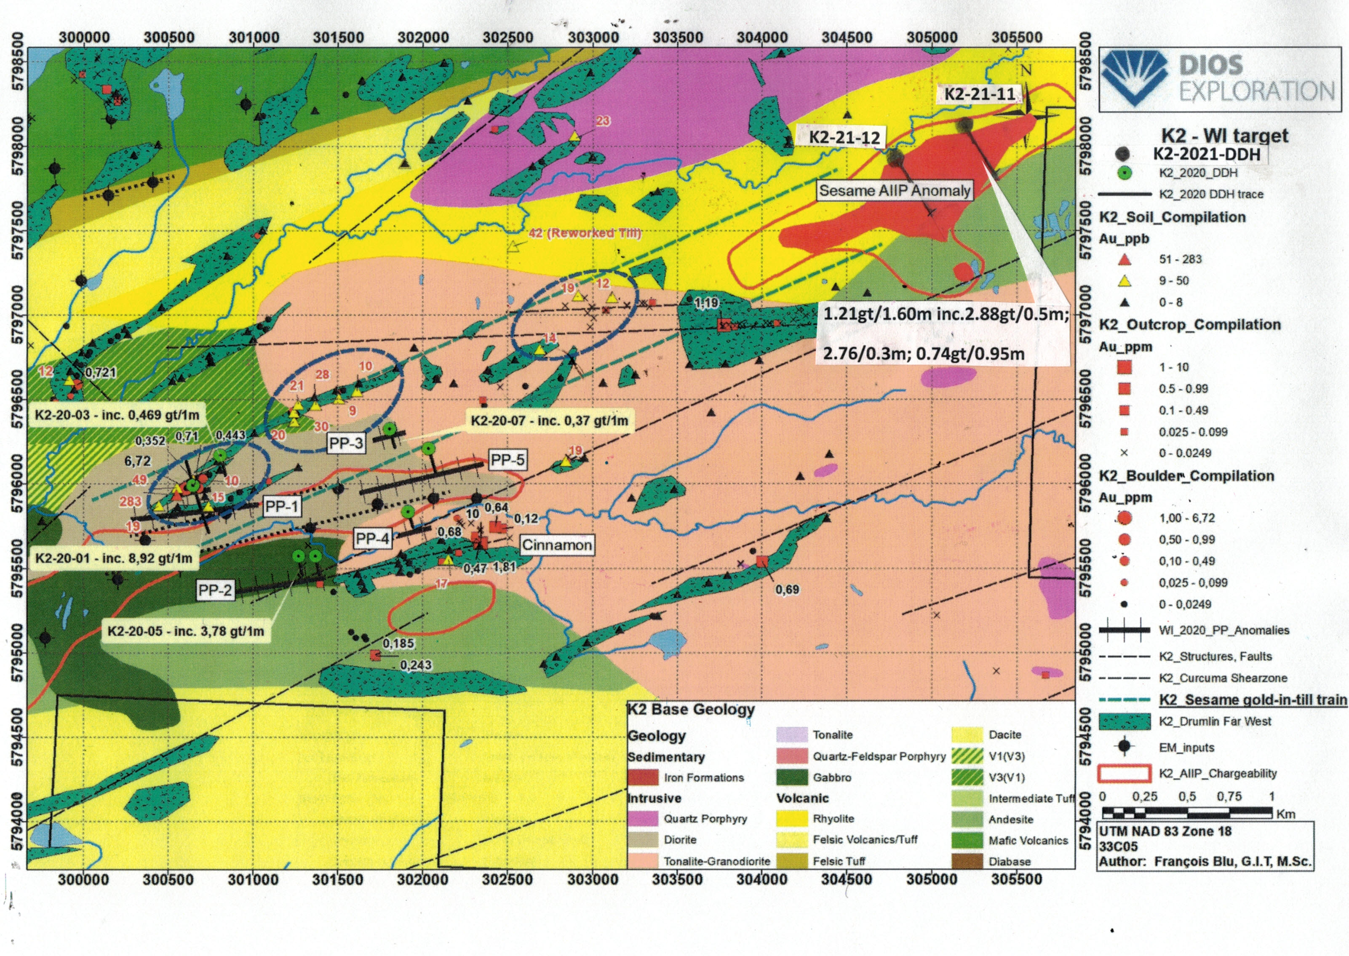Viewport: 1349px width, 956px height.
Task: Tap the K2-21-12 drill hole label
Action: [x=844, y=138]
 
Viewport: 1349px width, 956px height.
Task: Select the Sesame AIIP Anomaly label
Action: [x=894, y=191]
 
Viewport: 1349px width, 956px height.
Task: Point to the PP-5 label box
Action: [x=508, y=460]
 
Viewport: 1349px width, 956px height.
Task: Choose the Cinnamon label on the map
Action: [x=557, y=545]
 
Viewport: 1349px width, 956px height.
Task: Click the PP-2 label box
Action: [x=215, y=590]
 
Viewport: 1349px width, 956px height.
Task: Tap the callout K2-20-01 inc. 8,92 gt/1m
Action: [x=114, y=558]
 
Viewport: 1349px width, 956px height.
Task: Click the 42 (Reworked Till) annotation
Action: [x=585, y=233]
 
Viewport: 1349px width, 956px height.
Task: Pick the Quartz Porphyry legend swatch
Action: [x=643, y=819]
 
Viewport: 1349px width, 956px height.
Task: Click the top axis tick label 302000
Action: [x=423, y=37]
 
